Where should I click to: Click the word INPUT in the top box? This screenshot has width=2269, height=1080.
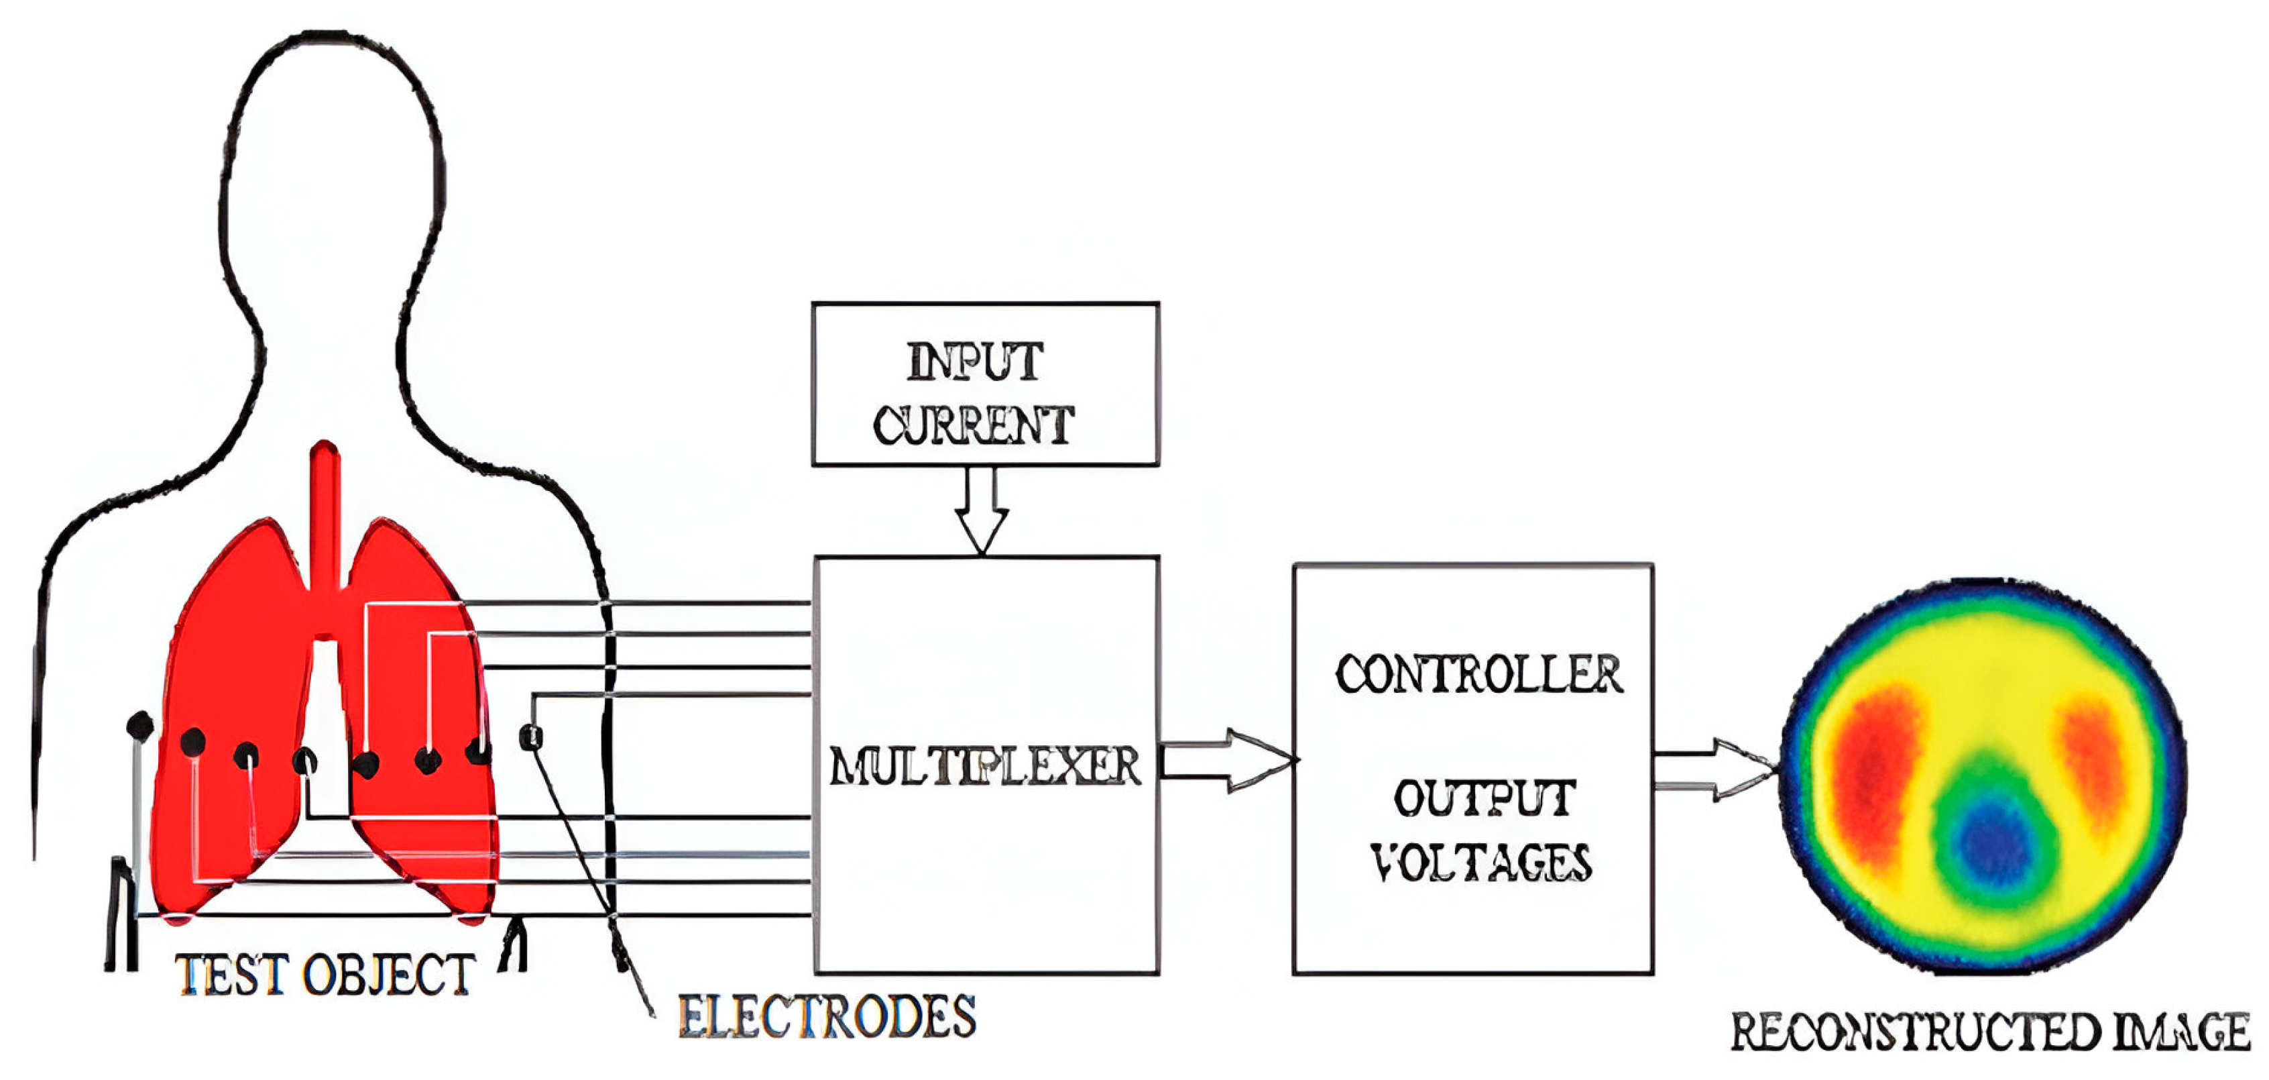(974, 362)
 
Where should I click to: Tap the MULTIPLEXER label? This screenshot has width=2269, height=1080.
(985, 765)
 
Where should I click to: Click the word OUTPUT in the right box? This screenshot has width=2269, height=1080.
(1485, 798)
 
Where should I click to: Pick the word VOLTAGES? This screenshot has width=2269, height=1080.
(1482, 863)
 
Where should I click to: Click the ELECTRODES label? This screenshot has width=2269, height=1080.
(826, 1018)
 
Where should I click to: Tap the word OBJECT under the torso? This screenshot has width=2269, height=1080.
(388, 975)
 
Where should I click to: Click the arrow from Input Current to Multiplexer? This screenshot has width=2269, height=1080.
(981, 511)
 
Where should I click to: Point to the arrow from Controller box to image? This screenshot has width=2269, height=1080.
(1713, 769)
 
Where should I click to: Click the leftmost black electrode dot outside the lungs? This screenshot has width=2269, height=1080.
(139, 726)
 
